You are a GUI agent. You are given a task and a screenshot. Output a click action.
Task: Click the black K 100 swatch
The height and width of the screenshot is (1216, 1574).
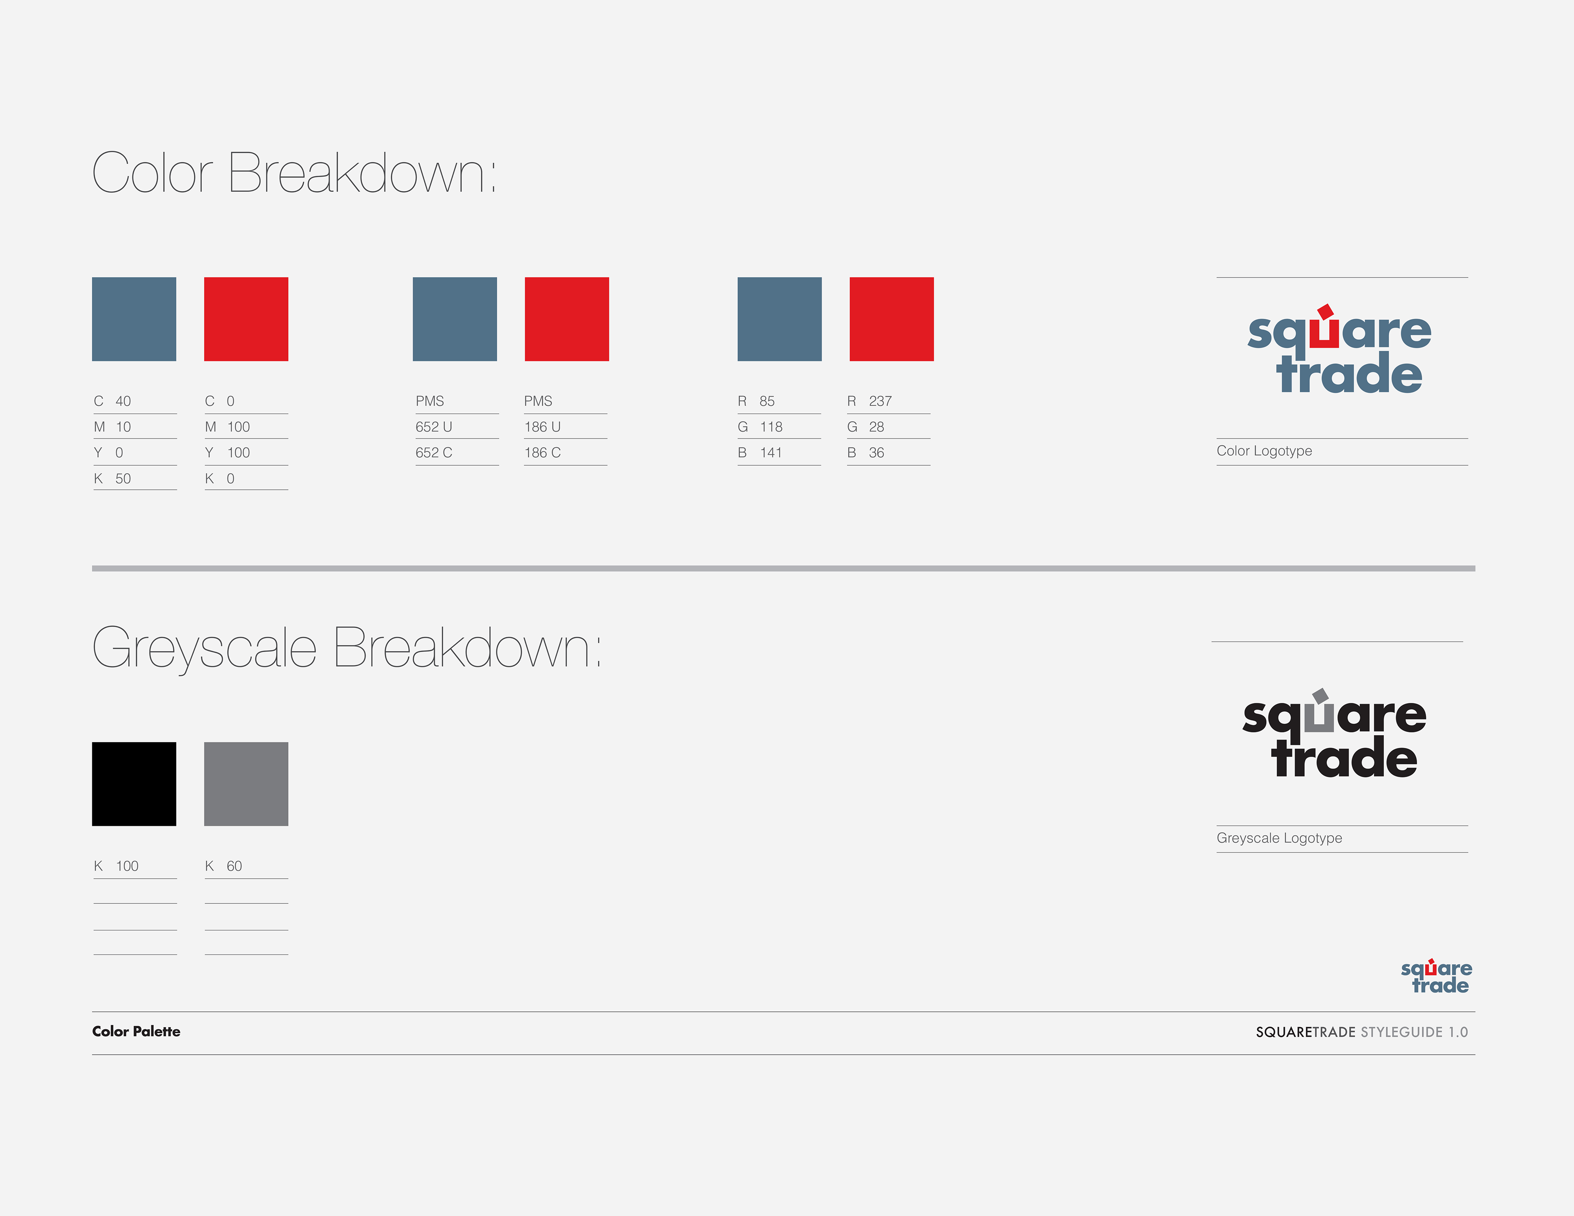click(x=134, y=784)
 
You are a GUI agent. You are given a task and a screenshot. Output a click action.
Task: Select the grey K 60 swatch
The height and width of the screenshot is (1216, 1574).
click(x=246, y=784)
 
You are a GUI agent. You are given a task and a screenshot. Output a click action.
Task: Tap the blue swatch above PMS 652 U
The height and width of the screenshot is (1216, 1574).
click(x=455, y=318)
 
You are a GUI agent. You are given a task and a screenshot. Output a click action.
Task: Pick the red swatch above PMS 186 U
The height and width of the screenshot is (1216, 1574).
click(x=566, y=318)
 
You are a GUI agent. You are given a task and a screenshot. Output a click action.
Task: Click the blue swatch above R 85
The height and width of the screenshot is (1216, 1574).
click(x=779, y=318)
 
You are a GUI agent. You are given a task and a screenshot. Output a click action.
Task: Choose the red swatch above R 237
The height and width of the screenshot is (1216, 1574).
click(x=892, y=318)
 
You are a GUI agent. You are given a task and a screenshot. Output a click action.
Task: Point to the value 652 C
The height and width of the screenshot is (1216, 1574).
click(x=434, y=452)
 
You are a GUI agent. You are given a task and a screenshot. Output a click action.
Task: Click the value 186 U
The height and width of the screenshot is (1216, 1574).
click(x=543, y=427)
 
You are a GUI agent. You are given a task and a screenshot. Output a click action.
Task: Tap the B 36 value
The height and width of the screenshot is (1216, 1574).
click(x=866, y=452)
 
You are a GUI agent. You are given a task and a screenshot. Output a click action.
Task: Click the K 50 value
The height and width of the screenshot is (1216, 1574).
click(x=112, y=479)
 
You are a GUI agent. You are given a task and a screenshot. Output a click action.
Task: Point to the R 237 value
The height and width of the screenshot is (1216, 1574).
click(x=869, y=401)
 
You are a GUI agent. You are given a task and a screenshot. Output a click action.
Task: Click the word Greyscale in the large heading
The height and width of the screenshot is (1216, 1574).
click(x=205, y=649)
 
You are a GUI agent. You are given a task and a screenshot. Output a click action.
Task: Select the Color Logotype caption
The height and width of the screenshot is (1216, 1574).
click(x=1264, y=450)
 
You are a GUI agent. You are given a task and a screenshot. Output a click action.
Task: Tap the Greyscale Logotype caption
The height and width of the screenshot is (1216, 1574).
click(x=1279, y=838)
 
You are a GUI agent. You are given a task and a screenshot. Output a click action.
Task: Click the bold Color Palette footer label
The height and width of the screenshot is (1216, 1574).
click(x=136, y=1032)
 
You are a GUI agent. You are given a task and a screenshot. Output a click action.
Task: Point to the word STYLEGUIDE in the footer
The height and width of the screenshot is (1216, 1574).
click(x=1401, y=1032)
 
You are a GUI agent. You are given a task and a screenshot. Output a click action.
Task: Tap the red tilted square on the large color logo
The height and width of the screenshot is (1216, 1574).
click(x=1325, y=311)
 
